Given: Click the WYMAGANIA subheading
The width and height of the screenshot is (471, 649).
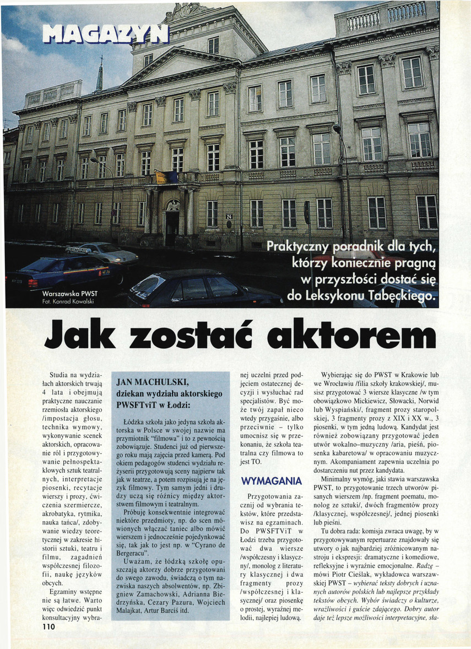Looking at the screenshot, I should [272, 481].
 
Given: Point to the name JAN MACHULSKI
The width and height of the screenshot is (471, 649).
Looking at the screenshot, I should [147, 383].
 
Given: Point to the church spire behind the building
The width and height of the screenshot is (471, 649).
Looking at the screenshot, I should [100, 74].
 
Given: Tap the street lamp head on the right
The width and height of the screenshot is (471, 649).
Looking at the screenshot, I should [336, 128].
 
